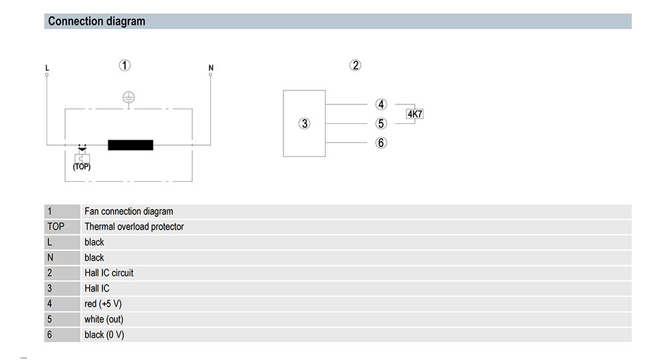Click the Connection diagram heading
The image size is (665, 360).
(x=96, y=21)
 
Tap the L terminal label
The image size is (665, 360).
(x=47, y=68)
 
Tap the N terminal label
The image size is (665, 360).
(x=211, y=68)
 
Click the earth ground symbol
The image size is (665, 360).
(x=128, y=98)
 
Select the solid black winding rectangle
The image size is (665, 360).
(x=130, y=145)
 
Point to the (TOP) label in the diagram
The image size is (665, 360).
(x=82, y=167)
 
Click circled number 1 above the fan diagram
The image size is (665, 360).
(x=125, y=65)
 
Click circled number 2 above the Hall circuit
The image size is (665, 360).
(x=355, y=65)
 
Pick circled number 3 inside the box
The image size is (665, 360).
(x=305, y=124)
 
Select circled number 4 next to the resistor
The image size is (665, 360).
(x=381, y=104)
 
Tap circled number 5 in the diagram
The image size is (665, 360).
(x=381, y=124)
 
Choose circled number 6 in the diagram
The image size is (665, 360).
(x=381, y=142)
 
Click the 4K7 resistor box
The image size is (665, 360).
(x=415, y=114)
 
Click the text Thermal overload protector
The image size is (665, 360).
(x=134, y=227)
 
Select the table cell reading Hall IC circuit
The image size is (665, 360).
(x=109, y=273)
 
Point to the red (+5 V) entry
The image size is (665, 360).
(x=103, y=304)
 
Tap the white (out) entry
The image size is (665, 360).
(x=104, y=319)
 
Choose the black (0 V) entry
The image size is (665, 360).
(x=104, y=335)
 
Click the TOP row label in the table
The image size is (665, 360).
(x=56, y=227)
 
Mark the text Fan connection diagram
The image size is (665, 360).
(x=129, y=212)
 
